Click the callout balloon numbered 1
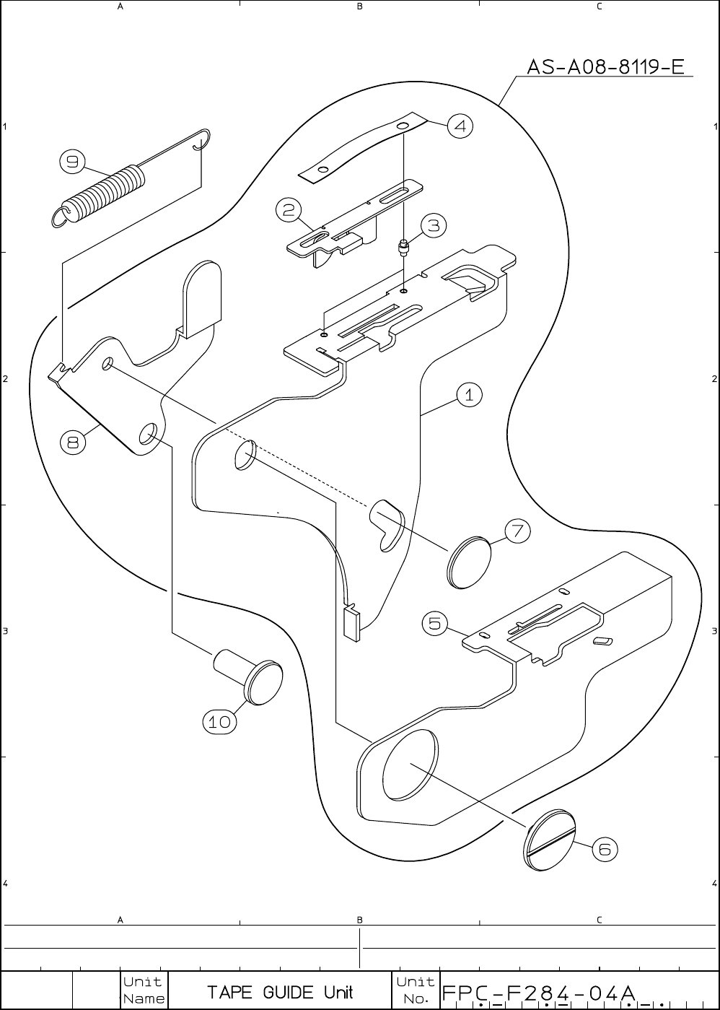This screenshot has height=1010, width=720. coord(469,395)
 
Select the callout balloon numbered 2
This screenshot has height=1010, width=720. coord(288,210)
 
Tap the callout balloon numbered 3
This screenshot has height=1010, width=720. coord(433,226)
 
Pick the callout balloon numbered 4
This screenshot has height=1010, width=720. coord(460,126)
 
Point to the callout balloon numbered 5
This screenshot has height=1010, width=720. coord(435,622)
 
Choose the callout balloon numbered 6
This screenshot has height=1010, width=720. coord(605,850)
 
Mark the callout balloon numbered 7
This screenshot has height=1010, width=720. coord(517,531)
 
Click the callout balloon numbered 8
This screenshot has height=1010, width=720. coord(73,442)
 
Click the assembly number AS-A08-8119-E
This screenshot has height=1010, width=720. coord(605,68)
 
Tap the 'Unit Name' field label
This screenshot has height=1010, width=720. coord(143,991)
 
